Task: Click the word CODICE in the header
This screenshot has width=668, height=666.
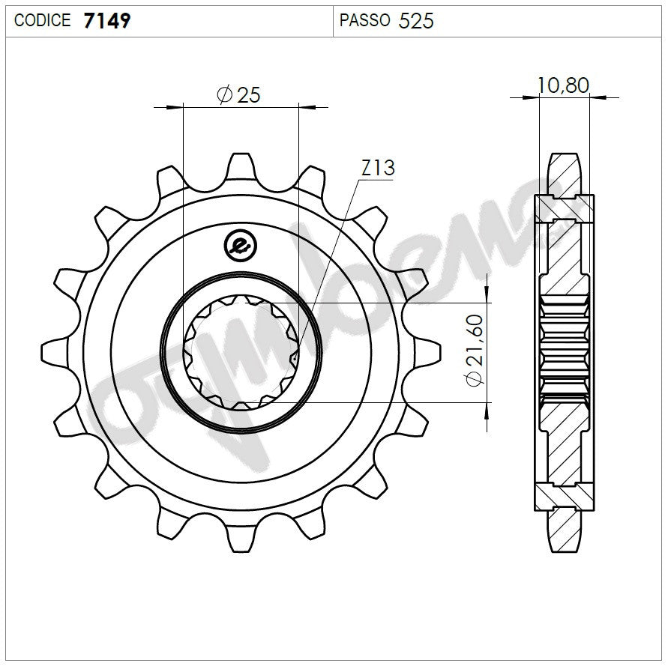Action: click(43, 20)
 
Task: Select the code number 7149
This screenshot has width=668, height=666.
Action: click(107, 20)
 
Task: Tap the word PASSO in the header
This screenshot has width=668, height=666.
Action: click(364, 20)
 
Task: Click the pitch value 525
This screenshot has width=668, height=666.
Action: click(416, 20)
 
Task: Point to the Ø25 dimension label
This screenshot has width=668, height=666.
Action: click(238, 94)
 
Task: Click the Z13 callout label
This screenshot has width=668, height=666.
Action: click(377, 169)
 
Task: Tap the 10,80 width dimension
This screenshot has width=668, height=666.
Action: click(563, 85)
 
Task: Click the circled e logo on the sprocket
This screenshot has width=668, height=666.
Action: click(241, 245)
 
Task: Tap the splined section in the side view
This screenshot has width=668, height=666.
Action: click(565, 352)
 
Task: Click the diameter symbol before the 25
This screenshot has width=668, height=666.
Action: click(223, 94)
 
